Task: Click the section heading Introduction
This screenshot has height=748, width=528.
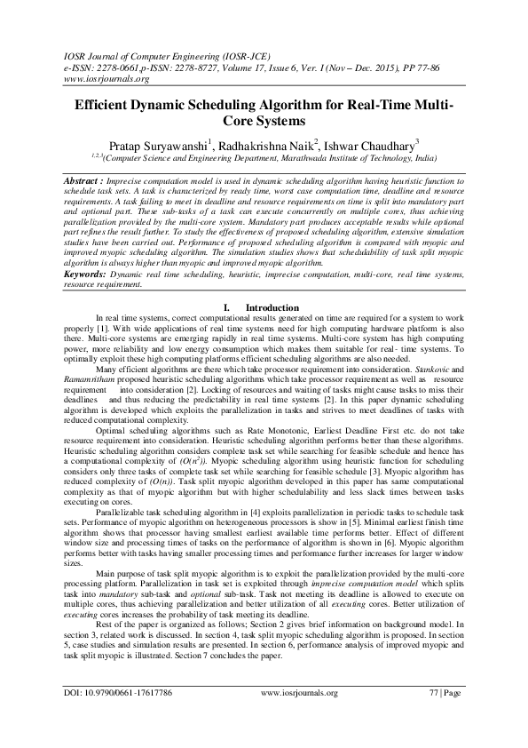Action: tap(272, 307)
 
